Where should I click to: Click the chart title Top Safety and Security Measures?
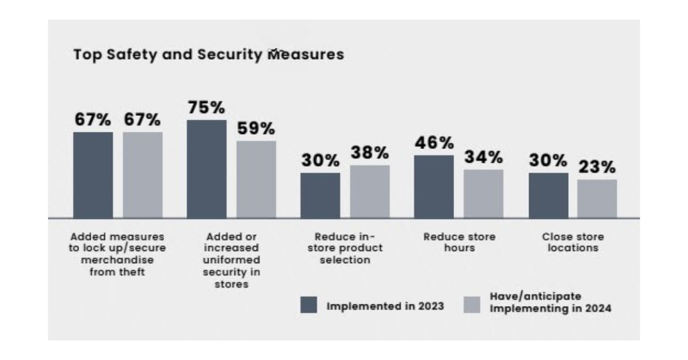point(209,54)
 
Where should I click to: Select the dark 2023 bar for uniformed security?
point(206,169)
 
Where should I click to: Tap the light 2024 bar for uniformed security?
point(256,179)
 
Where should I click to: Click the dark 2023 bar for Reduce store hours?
point(433,186)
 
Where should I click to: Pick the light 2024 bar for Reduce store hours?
point(483,194)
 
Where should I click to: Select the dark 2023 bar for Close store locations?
point(548,195)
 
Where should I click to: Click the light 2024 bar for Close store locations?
point(597,199)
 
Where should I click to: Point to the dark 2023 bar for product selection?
point(320,195)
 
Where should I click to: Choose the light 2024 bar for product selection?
point(370,191)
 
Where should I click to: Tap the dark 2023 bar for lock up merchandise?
point(93,175)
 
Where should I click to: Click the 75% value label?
point(206,108)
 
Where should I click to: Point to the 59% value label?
point(256,128)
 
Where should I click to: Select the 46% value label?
point(433,143)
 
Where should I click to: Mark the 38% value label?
point(370,153)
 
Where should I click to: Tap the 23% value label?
point(597,167)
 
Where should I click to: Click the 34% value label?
point(483,157)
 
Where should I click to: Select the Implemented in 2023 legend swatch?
point(308,305)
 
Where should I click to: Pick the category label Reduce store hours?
point(459,242)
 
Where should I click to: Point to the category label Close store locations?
point(573,242)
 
